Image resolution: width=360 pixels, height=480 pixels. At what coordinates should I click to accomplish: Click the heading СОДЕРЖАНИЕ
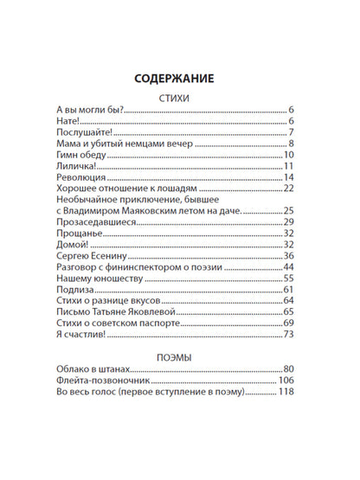point(180,79)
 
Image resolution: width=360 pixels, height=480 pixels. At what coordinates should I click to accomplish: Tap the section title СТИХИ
point(180,99)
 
